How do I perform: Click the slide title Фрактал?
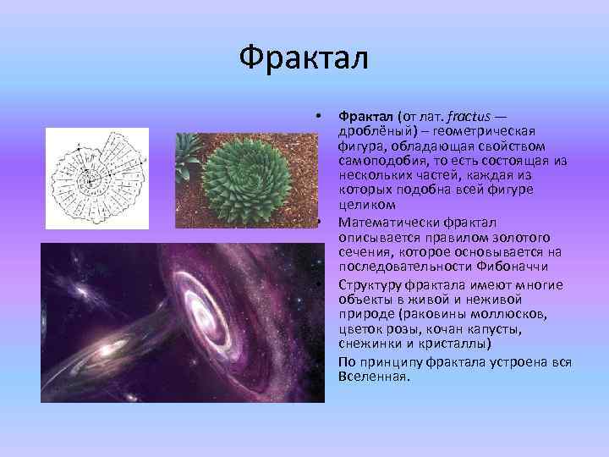(x=304, y=58)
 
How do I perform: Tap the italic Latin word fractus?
(x=466, y=114)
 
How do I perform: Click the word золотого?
(x=518, y=237)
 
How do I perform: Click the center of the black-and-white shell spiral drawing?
(x=87, y=179)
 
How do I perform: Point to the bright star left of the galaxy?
(x=85, y=292)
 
